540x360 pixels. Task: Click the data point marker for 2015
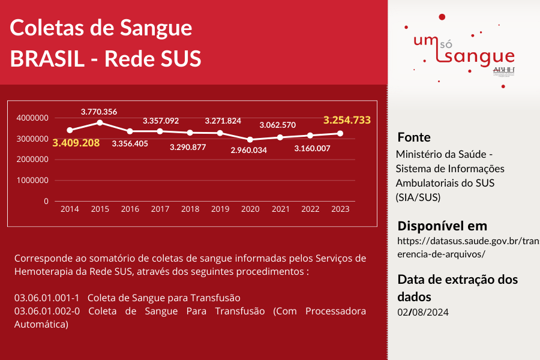tap(100, 122)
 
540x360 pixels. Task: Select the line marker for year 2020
tap(250, 139)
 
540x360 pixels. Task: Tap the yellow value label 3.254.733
tap(347, 120)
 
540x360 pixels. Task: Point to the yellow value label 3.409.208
tap(76, 143)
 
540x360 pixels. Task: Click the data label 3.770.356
tap(99, 111)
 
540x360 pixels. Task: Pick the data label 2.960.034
tap(249, 150)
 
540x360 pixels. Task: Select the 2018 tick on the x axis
tap(190, 209)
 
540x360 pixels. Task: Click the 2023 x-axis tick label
tap(340, 209)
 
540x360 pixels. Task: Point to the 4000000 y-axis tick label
tap(33, 118)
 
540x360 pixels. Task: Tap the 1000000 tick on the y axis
tap(33, 180)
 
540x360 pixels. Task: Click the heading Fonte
tap(414, 137)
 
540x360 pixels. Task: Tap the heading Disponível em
tap(442, 226)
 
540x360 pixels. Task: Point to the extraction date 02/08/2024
tap(422, 312)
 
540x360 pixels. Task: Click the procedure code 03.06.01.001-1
tap(47, 298)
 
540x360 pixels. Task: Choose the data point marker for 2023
tap(340, 133)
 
